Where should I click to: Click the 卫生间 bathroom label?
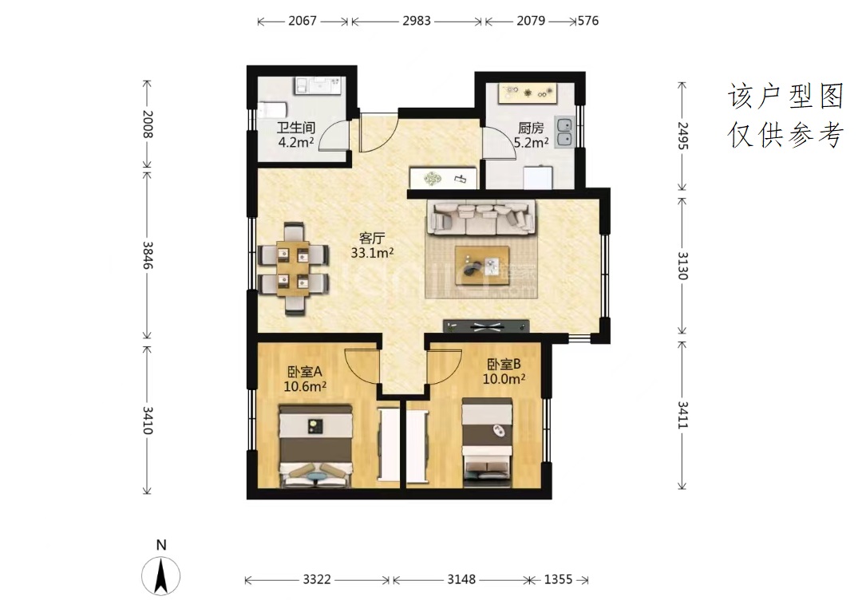coord(296,128)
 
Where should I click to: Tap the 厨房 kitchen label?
coord(531,128)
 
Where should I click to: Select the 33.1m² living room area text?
coord(372,253)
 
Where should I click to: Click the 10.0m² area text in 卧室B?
coord(504,378)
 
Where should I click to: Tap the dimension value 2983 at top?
coord(416,21)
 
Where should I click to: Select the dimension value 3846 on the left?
coord(148,255)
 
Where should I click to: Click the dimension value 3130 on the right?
coord(682,266)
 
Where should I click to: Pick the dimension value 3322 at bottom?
coord(317,579)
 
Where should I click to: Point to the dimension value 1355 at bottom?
coord(558,579)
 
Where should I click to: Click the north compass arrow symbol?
coord(161,576)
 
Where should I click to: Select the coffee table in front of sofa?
coord(481,266)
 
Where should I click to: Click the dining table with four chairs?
coord(294,268)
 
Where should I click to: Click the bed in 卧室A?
coord(315,446)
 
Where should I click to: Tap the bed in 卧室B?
coord(487,443)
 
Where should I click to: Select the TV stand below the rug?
coord(487,326)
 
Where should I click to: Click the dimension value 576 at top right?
coord(588,21)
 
